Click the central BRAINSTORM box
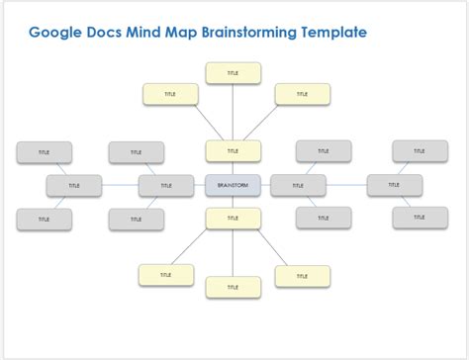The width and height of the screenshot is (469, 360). pyautogui.click(x=234, y=185)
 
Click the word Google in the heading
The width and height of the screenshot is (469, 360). pyautogui.click(x=57, y=32)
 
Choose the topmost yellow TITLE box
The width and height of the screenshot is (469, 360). pyautogui.click(x=234, y=73)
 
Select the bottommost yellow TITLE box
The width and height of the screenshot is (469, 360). pyautogui.click(x=234, y=287)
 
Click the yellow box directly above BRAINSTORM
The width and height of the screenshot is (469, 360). pyautogui.click(x=234, y=151)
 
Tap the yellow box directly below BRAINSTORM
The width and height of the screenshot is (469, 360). pyautogui.click(x=234, y=219)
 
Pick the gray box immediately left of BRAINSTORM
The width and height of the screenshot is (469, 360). pyautogui.click(x=166, y=185)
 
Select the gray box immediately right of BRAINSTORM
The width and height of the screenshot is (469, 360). pyautogui.click(x=298, y=185)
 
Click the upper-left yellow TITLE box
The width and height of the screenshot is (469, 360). pyautogui.click(x=170, y=94)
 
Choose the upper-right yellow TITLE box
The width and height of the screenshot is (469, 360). pyautogui.click(x=302, y=94)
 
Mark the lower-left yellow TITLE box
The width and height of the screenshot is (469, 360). pyautogui.click(x=165, y=275)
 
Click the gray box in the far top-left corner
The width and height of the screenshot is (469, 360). pyautogui.click(x=44, y=152)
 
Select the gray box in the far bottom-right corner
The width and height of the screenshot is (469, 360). pyautogui.click(x=420, y=218)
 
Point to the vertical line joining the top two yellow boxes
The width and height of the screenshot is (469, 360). pyautogui.click(x=234, y=112)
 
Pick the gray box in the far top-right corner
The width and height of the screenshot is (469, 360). pyautogui.click(x=420, y=151)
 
